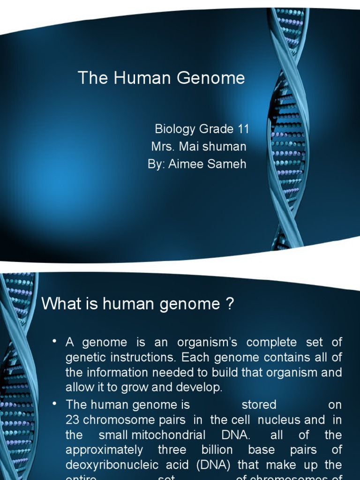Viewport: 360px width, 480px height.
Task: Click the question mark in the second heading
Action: (229, 304)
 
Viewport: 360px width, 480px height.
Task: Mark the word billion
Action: (214, 450)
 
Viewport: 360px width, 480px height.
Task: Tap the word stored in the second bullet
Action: (259, 404)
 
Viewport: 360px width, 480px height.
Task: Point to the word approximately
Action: (104, 450)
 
